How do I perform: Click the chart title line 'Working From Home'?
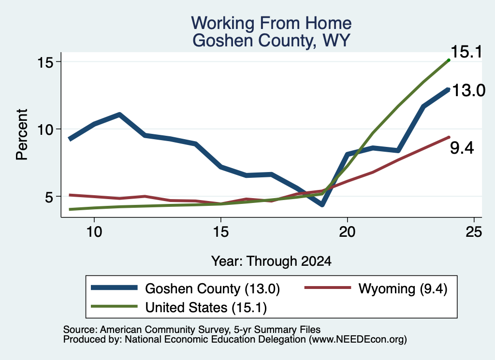pos(271,23)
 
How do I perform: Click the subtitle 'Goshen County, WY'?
pos(271,41)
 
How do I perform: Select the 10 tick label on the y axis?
pos(45,129)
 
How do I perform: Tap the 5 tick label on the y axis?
pos(49,197)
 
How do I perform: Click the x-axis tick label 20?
pos(347,232)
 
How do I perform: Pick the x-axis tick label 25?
pos(474,232)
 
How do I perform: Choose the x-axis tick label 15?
pos(220,232)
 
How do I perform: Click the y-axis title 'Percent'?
pos(22,134)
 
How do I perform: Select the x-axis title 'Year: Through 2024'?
pos(271,261)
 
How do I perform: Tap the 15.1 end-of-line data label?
pos(466,52)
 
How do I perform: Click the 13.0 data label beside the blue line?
pos(468,90)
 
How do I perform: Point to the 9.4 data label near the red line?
pos(462,148)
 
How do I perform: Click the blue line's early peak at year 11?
pos(119,115)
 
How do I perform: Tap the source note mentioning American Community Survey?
pos(192,330)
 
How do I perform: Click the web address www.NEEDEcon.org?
pos(358,340)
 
